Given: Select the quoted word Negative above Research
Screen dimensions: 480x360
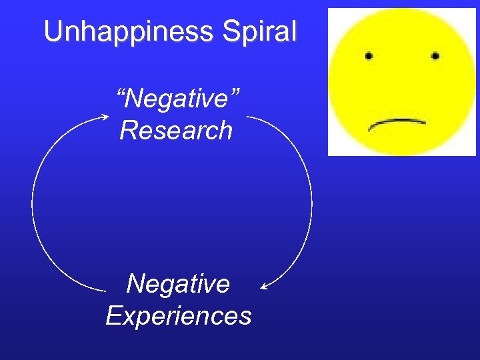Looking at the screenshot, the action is [x=178, y=99].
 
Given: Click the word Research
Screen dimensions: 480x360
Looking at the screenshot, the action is [x=176, y=130].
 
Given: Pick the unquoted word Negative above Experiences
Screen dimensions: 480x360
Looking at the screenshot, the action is [x=178, y=283].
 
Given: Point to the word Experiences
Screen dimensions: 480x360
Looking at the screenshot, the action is [x=179, y=315].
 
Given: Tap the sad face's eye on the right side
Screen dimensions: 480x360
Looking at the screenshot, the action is [x=435, y=55].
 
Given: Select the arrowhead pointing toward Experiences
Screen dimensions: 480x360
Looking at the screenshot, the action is [x=265, y=287].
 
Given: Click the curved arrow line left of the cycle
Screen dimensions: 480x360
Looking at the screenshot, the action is [x=33, y=200].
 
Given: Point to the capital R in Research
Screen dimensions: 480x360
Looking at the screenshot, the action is [x=129, y=130].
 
